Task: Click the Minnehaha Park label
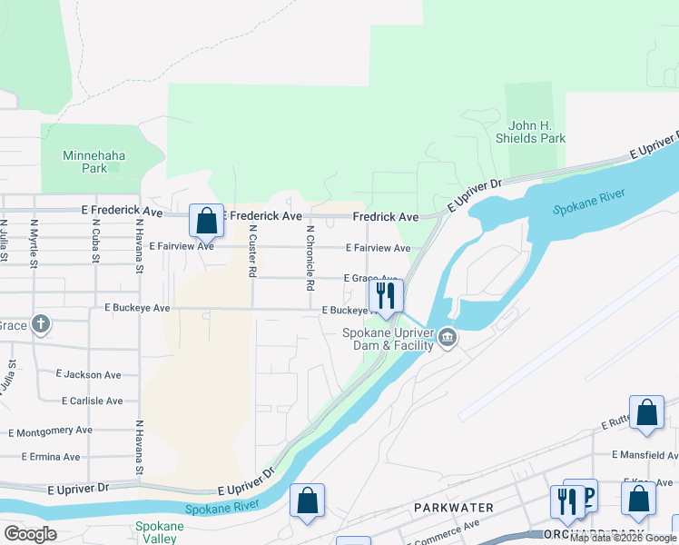[94, 162]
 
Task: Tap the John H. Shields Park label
[536, 132]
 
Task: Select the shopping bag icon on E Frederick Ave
[206, 221]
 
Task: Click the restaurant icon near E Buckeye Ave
[385, 296]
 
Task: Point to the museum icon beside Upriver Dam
[447, 339]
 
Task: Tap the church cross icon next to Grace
[40, 324]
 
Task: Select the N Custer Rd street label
[252, 252]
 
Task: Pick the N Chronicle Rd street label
[310, 258]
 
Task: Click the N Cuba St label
[95, 240]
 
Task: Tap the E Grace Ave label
[369, 279]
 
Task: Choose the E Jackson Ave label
[88, 374]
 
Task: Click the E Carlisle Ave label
[92, 401]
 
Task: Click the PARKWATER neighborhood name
[453, 507]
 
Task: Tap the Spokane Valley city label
[159, 531]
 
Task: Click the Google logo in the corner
[30, 533]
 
